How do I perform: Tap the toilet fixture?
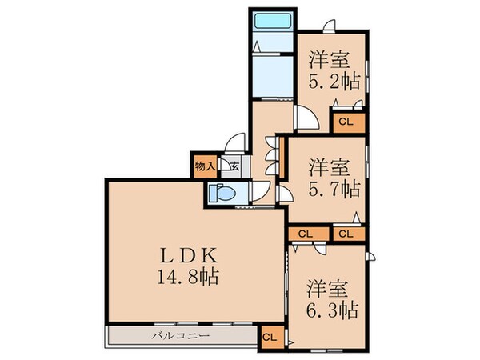coord(222,193)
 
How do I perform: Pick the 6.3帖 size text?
coord(330,308)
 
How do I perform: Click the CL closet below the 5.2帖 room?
coord(346,122)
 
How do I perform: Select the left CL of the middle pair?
coord(304,234)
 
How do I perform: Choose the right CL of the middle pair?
coord(346,234)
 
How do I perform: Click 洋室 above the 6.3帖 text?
coord(330,286)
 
